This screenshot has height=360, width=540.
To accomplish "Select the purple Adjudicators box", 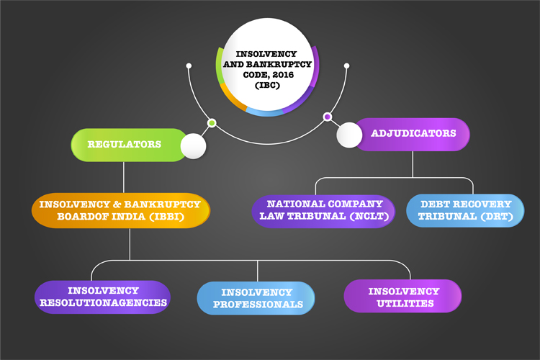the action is pos(412,135).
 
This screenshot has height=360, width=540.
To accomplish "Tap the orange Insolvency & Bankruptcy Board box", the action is pos(120,210).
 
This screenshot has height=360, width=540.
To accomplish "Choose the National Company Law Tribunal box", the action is pos(323,211).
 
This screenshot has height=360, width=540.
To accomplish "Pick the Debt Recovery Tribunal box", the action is pos(465,210).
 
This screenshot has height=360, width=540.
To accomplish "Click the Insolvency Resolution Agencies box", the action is pos(103,297).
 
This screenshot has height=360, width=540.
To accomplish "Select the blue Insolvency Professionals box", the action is pos(256,298).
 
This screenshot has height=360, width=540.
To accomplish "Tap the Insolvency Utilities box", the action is pos(402,296).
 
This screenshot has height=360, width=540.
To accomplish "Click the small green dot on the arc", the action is pos(212,123).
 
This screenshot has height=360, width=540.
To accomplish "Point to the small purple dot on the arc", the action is pos(328,117).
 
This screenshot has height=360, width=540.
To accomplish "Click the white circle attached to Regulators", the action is pos(193,146).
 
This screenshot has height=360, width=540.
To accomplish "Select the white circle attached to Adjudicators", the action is pos(349,135).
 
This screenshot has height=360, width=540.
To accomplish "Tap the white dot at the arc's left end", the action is pos(189,66).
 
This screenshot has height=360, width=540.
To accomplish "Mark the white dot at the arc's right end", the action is pos(347,66).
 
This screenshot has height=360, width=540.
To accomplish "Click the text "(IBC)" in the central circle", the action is pos(267,85).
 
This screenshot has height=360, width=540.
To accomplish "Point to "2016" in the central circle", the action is pos(283,75).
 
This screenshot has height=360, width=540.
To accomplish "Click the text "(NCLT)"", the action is pos(369,216).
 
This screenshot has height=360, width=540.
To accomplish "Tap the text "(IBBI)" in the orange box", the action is pos(166,217).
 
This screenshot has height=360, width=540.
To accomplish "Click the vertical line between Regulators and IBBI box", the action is pos(124,177).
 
